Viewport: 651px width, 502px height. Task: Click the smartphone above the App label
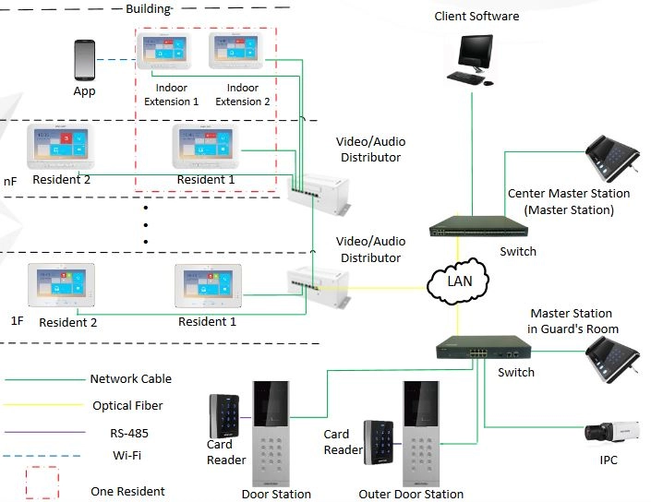84,60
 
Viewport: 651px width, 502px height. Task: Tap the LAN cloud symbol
458,281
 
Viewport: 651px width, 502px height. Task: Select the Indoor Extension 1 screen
164,51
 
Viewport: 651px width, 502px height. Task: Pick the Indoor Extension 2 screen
235,50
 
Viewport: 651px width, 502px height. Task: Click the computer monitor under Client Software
476,54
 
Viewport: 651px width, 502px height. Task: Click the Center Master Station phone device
612,158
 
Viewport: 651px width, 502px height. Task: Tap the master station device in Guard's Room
612,359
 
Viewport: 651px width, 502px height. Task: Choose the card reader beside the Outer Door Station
379,442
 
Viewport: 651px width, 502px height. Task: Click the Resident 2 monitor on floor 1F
62,284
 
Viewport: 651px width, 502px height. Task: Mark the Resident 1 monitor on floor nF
206,146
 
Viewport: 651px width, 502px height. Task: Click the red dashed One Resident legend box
42,483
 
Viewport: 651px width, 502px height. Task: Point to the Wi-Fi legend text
127,455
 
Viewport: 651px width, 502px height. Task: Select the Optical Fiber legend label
127,405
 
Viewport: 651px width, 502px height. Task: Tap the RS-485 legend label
129,433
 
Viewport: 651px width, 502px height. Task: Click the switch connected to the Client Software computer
478,226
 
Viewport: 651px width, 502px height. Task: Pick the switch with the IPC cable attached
484,348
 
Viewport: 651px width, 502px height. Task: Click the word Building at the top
149,8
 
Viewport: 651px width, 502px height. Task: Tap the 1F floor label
17,321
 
